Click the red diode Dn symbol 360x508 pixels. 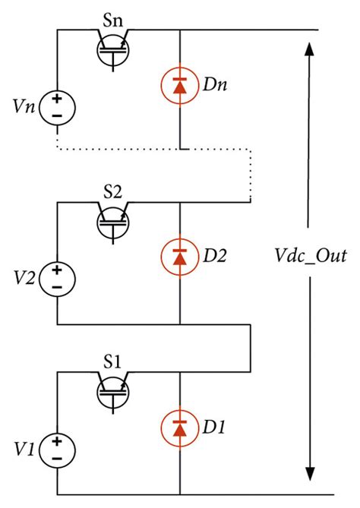coord(179,84)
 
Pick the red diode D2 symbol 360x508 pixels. coord(179,256)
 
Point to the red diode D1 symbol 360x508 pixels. coord(179,427)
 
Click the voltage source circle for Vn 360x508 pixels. coord(57,106)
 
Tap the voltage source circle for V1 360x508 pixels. coord(57,447)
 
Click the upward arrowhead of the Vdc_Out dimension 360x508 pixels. coord(309,49)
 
